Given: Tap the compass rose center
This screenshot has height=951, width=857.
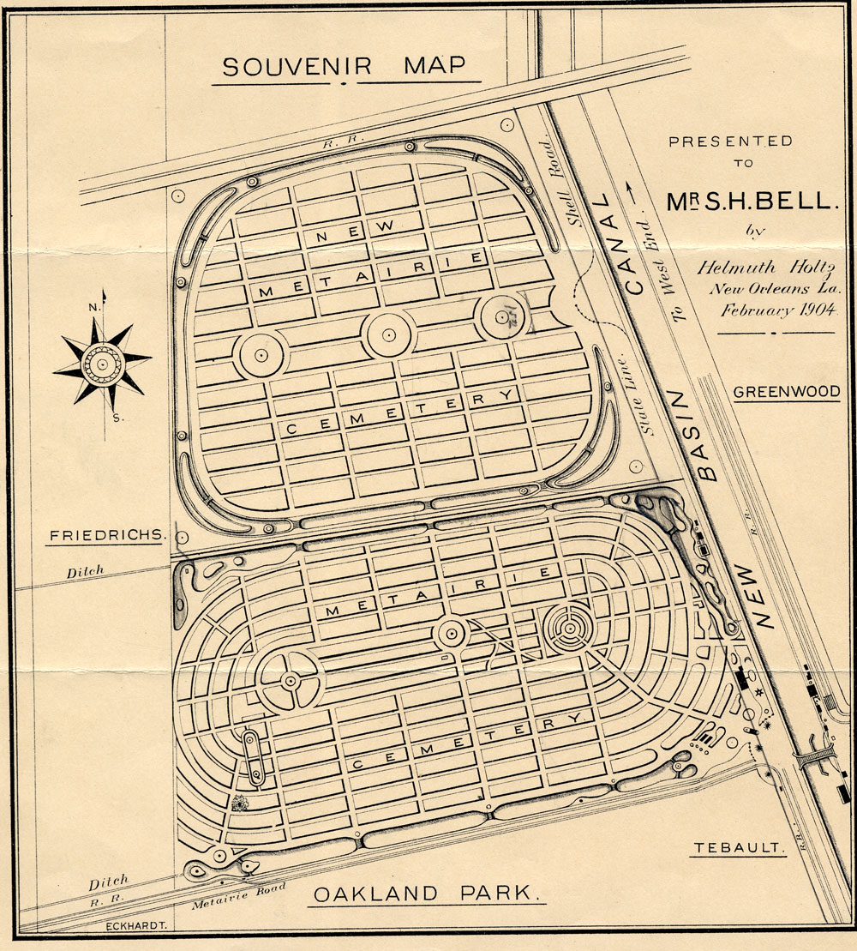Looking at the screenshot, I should tap(102, 364).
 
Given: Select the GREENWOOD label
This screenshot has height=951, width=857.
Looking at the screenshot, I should tap(787, 392).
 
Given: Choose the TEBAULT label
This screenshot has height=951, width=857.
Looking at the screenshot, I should tap(738, 848).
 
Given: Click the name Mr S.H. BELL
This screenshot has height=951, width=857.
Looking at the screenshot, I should tap(750, 201).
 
